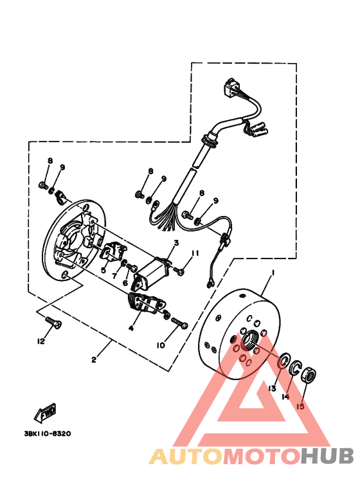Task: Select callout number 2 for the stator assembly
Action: pyautogui.click(x=94, y=359)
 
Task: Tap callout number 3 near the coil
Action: pyautogui.click(x=174, y=243)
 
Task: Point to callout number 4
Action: pyautogui.click(x=131, y=327)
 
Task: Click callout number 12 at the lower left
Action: pyautogui.click(x=41, y=341)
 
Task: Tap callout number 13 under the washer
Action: pyautogui.click(x=272, y=389)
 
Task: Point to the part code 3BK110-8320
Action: pyautogui.click(x=48, y=433)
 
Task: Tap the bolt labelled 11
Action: pyautogui.click(x=181, y=271)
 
